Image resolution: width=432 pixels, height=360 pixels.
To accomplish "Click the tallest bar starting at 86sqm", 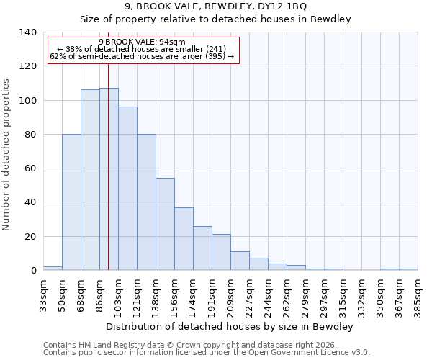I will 109,179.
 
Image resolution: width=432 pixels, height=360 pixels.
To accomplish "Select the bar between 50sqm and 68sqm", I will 71,202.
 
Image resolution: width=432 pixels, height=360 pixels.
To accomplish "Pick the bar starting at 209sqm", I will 240,261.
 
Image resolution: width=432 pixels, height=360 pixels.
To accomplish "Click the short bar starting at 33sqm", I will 53,269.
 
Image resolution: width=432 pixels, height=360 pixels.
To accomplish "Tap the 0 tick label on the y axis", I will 33,271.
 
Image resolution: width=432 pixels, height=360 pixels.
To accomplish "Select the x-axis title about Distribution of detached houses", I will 230,327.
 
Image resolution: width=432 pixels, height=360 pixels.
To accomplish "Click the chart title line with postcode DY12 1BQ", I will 215,6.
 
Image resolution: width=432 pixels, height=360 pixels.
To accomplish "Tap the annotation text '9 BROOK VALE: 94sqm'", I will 142,42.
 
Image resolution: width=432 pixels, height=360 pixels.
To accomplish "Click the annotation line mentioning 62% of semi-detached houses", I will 142,57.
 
